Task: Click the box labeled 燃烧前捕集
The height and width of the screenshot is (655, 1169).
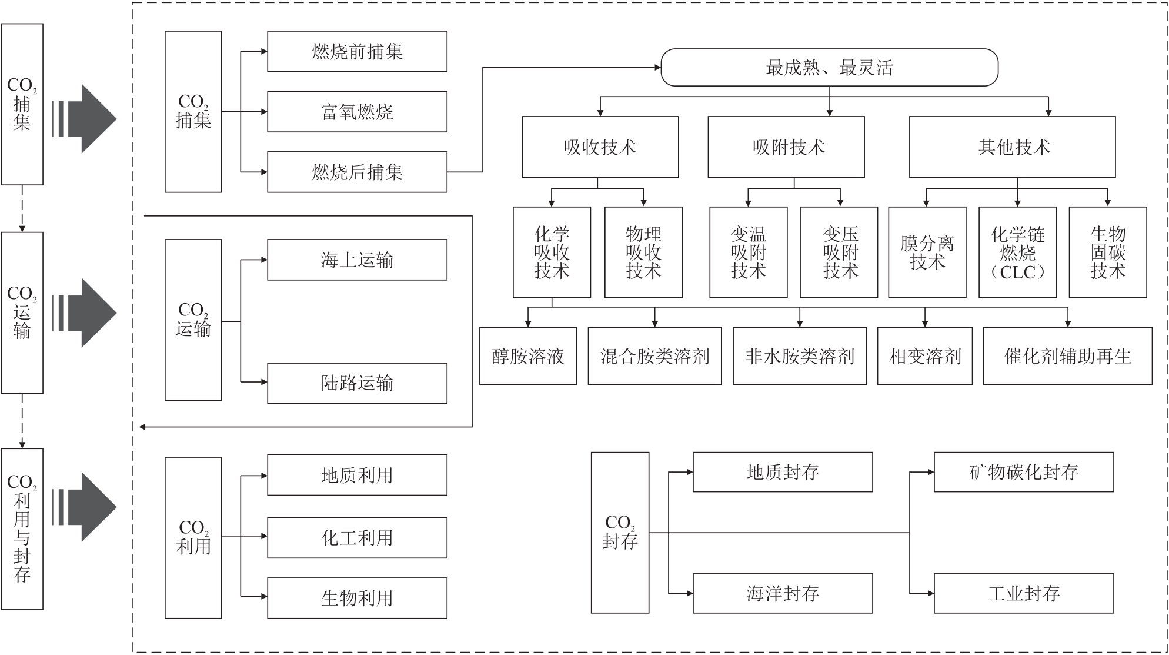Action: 357,52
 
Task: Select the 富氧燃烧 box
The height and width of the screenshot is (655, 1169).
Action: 357,112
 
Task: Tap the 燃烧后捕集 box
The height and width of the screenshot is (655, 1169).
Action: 357,172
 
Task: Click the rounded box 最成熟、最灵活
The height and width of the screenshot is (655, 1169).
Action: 829,68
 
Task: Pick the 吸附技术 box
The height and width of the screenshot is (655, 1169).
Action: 786,147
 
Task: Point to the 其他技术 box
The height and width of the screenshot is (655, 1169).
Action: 1012,147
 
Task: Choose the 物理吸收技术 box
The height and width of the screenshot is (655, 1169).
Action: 643,252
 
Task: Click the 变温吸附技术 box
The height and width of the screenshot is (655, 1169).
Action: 748,252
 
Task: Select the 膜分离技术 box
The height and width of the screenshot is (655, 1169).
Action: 927,252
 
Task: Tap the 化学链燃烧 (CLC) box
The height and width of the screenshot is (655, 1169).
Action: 1017,252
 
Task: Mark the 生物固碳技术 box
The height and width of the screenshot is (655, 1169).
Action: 1107,252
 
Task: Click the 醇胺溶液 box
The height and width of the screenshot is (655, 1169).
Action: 527,356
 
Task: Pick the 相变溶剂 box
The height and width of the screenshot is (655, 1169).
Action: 924,356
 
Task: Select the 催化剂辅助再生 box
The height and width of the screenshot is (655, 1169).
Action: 1067,356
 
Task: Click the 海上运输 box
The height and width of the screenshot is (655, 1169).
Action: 357,260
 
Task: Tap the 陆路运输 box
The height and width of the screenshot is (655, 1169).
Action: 357,383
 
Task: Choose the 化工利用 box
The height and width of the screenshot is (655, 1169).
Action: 357,538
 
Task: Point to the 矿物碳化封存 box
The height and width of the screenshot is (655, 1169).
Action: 1023,472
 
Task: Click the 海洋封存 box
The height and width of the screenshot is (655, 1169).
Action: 782,593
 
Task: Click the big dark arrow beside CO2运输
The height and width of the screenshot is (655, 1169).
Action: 88,312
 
